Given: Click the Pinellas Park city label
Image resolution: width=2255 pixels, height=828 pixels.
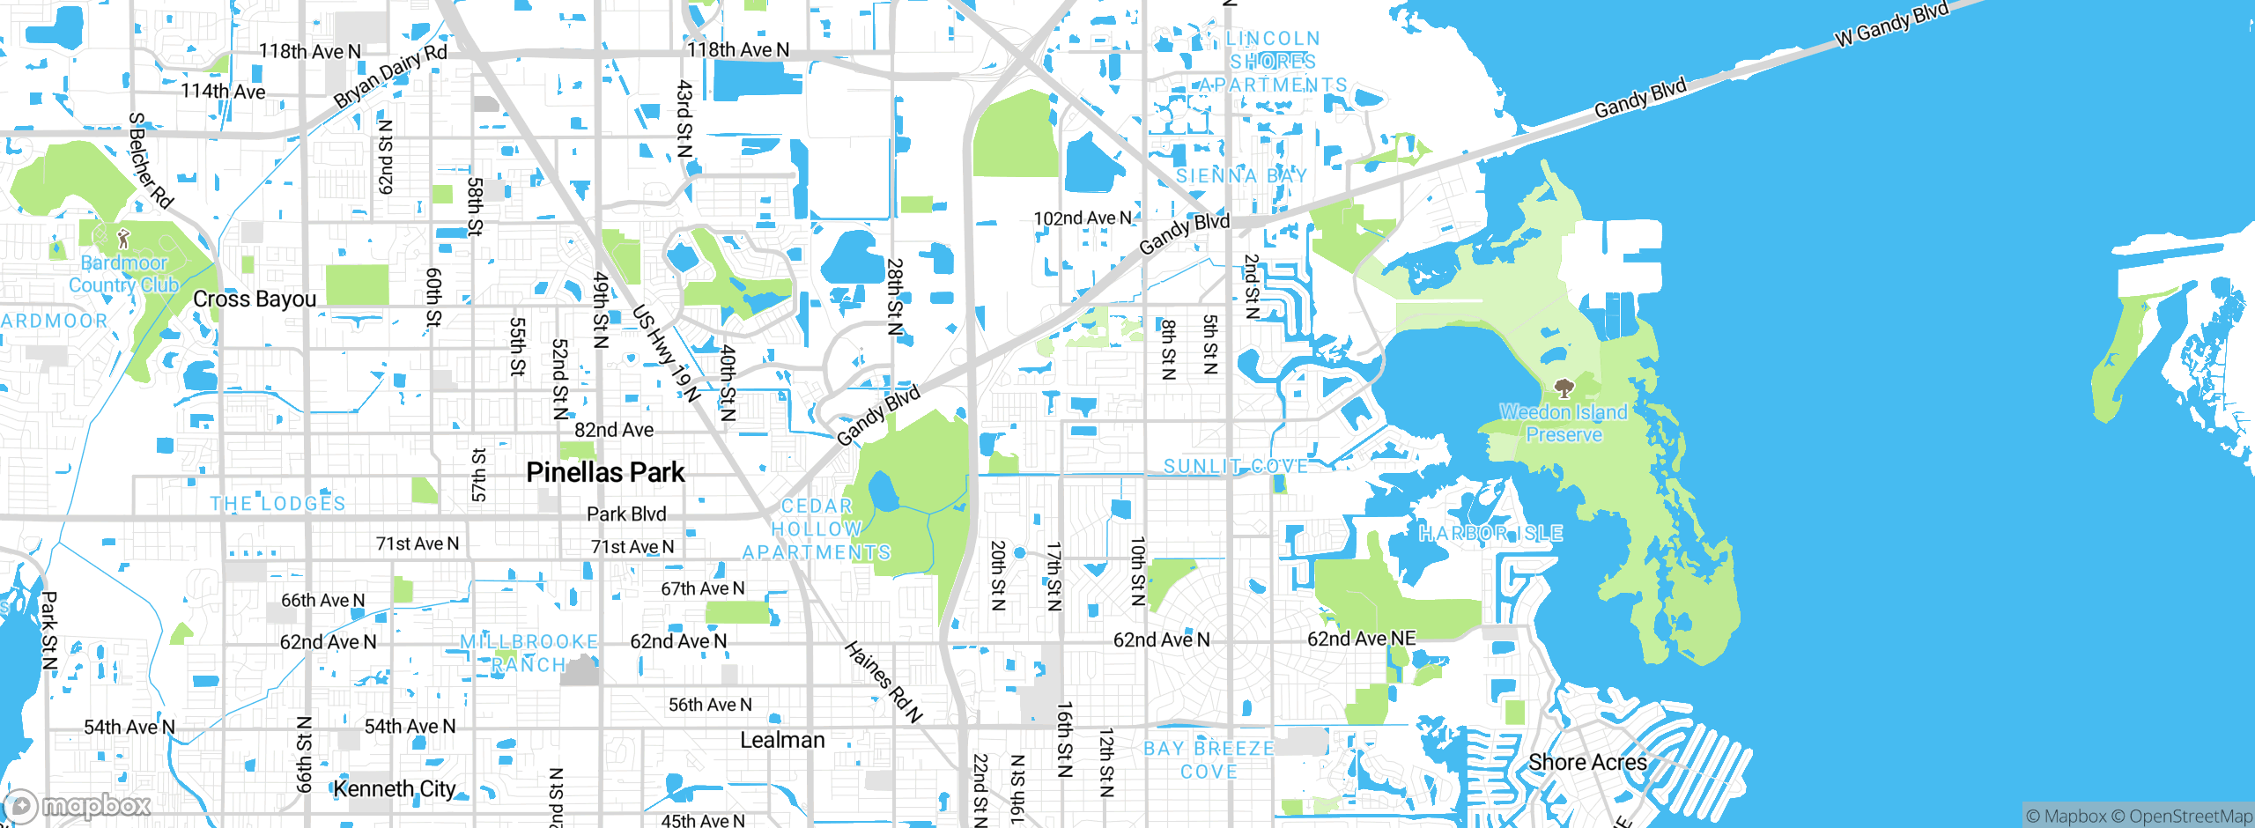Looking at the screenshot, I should [605, 472].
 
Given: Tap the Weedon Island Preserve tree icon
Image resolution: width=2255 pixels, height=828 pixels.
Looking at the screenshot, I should [1564, 388].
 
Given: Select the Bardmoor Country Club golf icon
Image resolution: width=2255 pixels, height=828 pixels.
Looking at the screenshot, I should [123, 238].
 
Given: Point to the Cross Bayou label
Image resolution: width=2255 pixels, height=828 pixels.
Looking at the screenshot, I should [255, 299].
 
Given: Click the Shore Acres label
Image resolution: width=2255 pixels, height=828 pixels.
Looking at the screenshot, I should [1587, 762].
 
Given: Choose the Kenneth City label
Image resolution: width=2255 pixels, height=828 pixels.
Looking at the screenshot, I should [395, 788].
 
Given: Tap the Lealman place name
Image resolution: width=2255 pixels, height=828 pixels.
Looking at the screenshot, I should [782, 740].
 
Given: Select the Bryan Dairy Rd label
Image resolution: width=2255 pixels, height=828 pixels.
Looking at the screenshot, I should [390, 76].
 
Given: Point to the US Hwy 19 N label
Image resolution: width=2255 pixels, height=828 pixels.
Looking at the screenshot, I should [667, 353].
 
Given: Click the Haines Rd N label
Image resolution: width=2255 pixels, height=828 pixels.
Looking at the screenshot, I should [884, 682].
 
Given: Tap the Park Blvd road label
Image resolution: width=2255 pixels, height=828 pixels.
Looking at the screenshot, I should [626, 514].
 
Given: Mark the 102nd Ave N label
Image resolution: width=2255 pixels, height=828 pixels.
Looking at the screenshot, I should [1082, 218].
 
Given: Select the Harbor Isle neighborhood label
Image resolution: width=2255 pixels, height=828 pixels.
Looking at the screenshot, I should [1490, 533].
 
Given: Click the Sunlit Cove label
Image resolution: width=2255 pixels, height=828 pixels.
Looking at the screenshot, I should [1236, 466].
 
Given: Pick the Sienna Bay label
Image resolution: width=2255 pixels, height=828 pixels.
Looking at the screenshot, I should [1241, 175].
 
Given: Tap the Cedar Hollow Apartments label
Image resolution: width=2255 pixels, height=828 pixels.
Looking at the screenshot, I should [817, 529].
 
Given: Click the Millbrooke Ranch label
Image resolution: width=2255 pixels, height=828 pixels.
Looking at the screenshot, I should [529, 653].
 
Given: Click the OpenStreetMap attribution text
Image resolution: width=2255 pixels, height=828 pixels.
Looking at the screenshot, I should [2190, 817].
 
